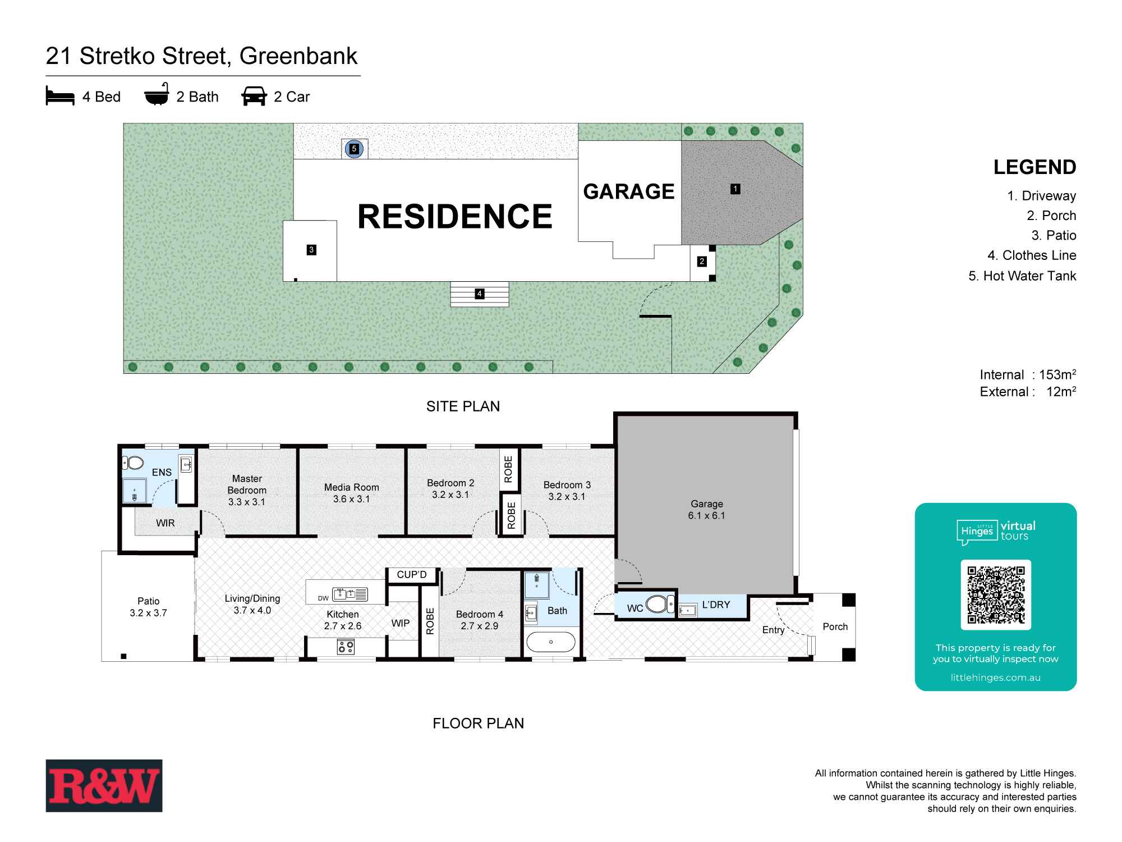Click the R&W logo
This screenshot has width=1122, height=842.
pos(104,785)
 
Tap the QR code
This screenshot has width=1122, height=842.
pos(996,595)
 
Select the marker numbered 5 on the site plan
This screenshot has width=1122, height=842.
pos(354,149)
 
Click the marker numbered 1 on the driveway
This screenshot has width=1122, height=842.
pos(735,189)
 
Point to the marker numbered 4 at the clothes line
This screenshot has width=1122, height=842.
pos(479,294)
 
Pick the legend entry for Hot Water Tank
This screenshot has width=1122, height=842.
pos(1022,276)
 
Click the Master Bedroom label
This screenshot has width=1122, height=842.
pos(247,490)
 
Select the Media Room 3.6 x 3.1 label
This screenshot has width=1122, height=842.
pos(352,493)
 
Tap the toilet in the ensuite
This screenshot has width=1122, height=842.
pos(133,463)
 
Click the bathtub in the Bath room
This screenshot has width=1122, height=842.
pos(551,642)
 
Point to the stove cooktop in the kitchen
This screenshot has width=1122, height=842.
pos(346,647)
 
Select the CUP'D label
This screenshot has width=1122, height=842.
pos(412,574)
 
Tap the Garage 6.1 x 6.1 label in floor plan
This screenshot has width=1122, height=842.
pos(706,510)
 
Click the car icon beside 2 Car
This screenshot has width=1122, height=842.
pos(254,96)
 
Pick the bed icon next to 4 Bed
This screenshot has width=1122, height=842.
pos(60,96)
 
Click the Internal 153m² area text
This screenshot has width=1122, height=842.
pos(1028,374)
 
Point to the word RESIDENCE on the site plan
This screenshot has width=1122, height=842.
pos(454,217)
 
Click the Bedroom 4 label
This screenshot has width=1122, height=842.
pos(479,620)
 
